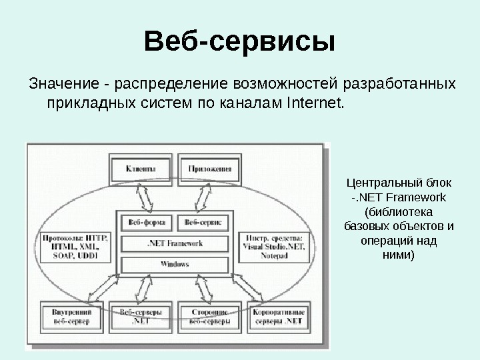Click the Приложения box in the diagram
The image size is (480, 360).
click(x=209, y=169)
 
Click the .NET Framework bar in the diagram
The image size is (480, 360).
click(x=175, y=244)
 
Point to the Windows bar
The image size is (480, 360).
click(x=175, y=264)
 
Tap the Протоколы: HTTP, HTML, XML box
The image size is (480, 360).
click(x=74, y=246)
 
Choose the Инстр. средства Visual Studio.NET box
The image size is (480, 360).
click(x=274, y=246)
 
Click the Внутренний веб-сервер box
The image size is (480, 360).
click(x=71, y=317)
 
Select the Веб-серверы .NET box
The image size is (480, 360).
click(x=141, y=317)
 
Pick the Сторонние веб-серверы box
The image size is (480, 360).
click(x=210, y=317)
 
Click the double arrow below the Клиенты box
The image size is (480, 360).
click(x=143, y=197)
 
